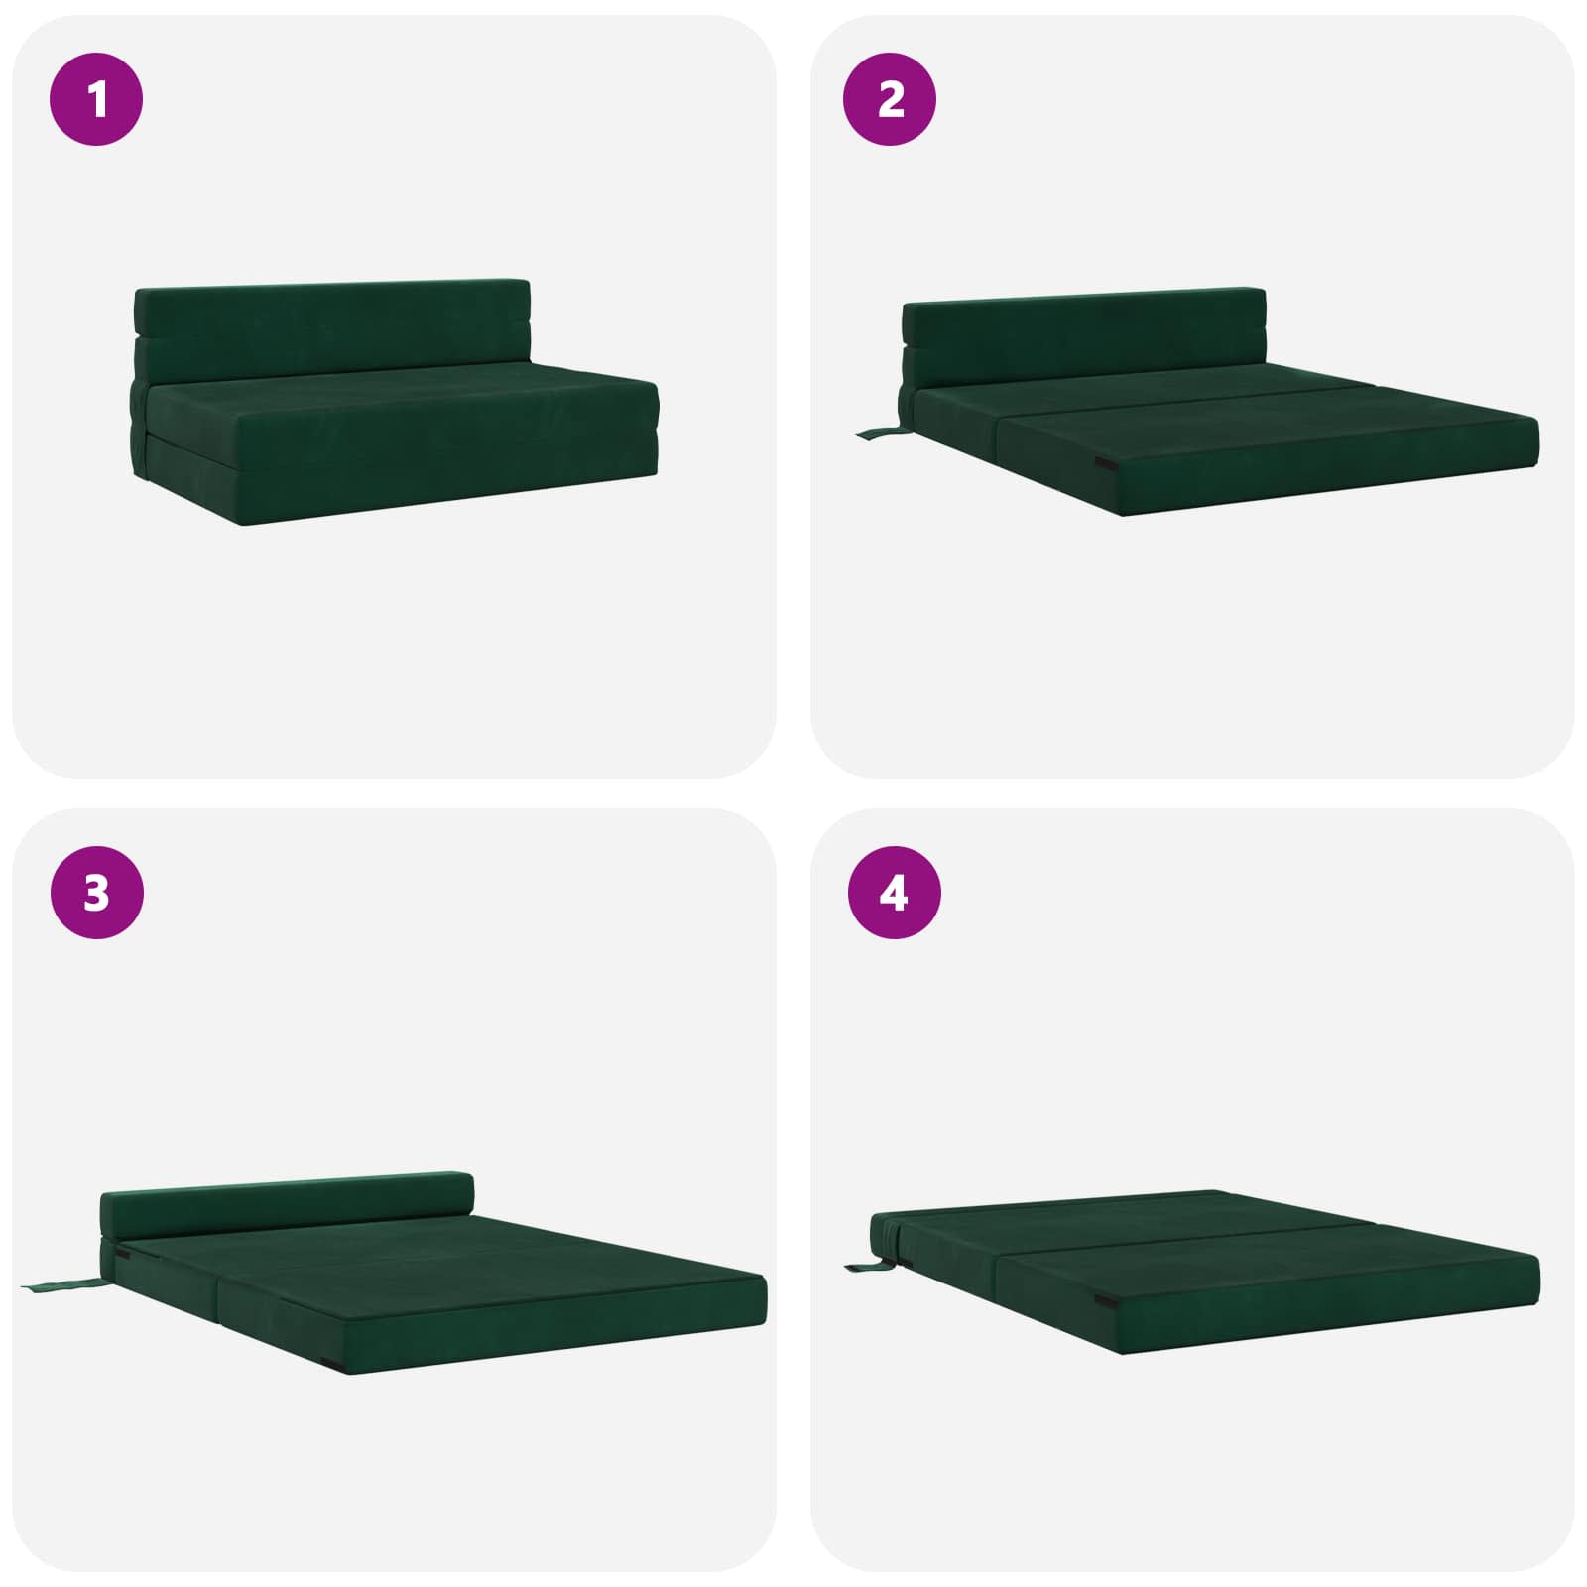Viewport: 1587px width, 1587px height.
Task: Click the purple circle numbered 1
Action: tap(96, 99)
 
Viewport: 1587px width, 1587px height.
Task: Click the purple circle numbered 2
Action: tap(890, 99)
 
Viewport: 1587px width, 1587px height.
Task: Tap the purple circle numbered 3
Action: tap(96, 893)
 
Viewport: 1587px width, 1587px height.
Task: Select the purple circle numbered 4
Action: tap(894, 893)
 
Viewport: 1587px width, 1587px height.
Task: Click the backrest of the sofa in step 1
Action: tap(332, 322)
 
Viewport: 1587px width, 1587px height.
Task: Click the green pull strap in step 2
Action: tap(877, 433)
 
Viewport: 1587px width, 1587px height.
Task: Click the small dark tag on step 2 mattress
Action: tap(1103, 462)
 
